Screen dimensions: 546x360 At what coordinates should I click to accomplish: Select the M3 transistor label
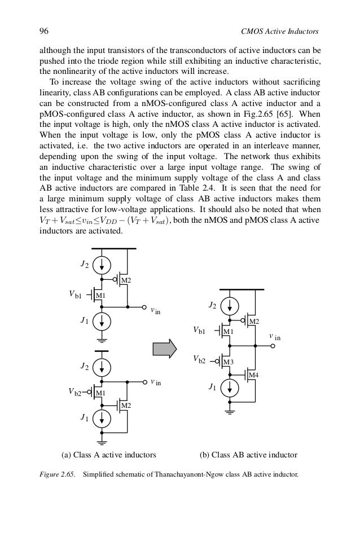tap(229, 362)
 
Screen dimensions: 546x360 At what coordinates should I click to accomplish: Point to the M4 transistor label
tap(254, 375)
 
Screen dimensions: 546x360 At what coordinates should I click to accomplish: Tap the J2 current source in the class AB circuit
tap(230, 306)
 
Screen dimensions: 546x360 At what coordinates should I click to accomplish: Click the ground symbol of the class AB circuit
tap(230, 411)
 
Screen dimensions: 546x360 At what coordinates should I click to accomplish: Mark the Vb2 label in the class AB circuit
tap(200, 359)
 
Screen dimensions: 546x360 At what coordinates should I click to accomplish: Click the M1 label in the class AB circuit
tap(228, 332)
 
